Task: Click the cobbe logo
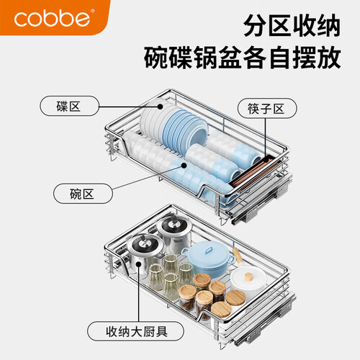(x=52, y=18)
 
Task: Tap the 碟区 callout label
(x=69, y=106)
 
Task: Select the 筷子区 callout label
(x=267, y=108)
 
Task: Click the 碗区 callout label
(x=83, y=194)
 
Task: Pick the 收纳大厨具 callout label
(x=135, y=331)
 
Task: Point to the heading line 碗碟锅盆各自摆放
(x=243, y=58)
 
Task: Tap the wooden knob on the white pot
(x=248, y=276)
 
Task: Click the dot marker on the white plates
(x=160, y=107)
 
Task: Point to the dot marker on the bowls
(x=184, y=166)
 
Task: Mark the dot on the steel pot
(x=138, y=264)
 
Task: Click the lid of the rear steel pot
(x=174, y=225)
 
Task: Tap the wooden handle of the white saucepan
(x=237, y=256)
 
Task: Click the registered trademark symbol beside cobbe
(x=93, y=11)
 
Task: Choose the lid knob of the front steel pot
(x=145, y=243)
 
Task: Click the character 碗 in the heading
(x=156, y=58)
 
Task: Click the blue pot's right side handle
(x=232, y=258)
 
